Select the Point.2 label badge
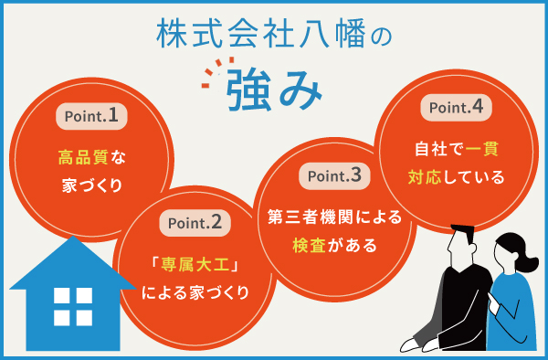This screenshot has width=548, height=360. (191, 222)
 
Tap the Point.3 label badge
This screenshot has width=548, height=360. (334, 175)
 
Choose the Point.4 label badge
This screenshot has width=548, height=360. (456, 108)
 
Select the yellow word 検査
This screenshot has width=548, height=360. (308, 245)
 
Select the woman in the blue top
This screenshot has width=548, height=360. (512, 292)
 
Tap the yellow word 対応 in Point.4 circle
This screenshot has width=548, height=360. (426, 175)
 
